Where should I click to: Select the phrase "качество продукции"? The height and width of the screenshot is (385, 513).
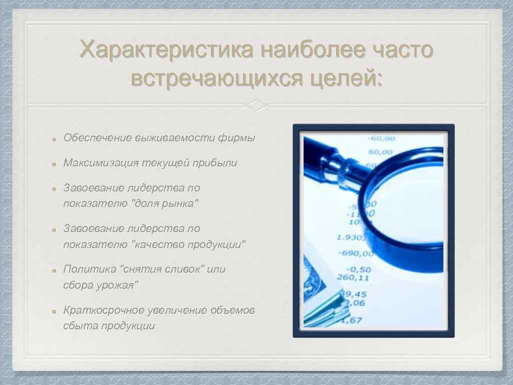(188, 245)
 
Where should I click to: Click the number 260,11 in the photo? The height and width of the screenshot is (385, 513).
(353, 277)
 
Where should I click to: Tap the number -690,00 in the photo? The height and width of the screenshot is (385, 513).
(356, 253)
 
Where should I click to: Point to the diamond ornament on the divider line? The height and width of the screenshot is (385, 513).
(256, 106)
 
